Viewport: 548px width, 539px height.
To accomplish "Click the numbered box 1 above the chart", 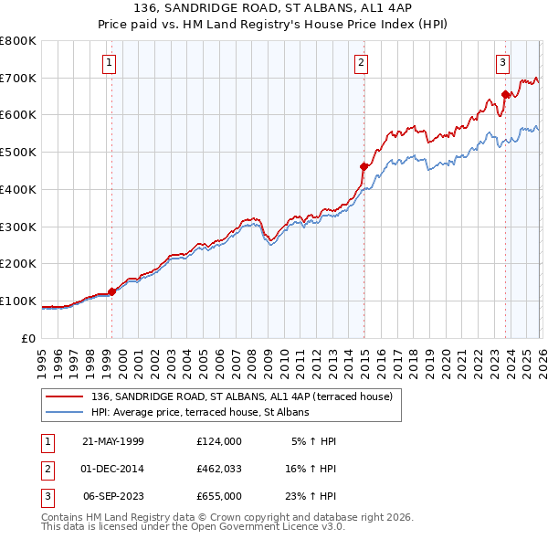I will point(109,63).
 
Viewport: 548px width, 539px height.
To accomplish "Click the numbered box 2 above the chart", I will point(362,63).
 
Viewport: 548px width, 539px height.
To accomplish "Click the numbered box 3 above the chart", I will point(503,63).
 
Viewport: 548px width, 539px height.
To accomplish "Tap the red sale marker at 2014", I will point(364,166).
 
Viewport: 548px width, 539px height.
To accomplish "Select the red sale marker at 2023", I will point(505,94).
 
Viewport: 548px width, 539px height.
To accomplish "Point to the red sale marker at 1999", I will point(112,292).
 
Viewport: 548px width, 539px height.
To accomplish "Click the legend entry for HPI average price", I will point(200,412).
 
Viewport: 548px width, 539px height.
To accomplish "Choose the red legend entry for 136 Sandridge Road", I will point(241,396).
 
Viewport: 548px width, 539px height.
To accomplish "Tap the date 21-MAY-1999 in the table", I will point(113,441).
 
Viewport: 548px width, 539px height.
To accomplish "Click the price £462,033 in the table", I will point(218,469).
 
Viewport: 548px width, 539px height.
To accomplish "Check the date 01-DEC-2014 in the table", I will point(113,469).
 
